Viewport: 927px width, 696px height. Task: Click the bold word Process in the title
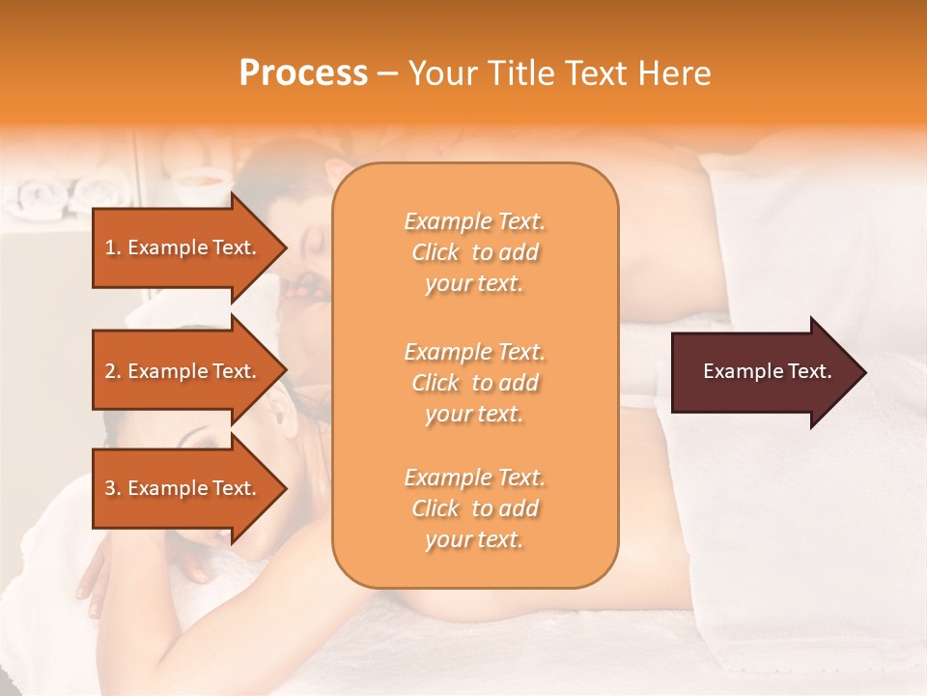coord(303,73)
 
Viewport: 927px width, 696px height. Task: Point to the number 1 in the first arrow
coord(110,247)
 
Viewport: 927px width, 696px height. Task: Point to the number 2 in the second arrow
coord(110,371)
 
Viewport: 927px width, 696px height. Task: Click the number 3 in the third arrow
coord(110,488)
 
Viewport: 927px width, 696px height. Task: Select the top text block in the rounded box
coord(474,252)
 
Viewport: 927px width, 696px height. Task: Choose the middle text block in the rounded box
coord(474,383)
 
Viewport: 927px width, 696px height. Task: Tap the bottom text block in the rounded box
coord(474,508)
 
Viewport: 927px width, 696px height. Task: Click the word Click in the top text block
coord(435,252)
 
